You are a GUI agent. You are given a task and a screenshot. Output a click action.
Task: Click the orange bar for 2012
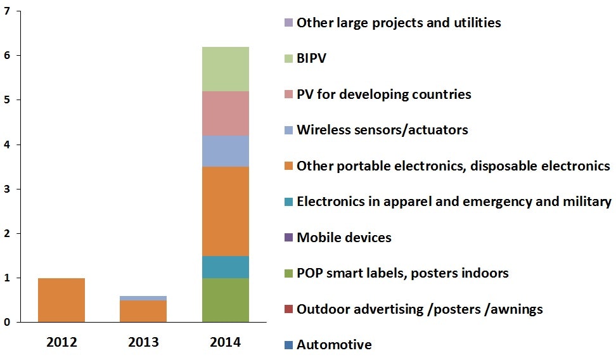pyautogui.click(x=61, y=300)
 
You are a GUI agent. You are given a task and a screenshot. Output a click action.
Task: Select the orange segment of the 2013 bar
pyautogui.click(x=143, y=311)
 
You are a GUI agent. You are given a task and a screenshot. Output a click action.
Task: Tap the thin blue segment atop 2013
pyautogui.click(x=143, y=298)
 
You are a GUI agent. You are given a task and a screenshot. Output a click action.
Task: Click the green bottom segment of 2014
pyautogui.click(x=225, y=300)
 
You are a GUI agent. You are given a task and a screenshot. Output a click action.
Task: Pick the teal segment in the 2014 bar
pyautogui.click(x=225, y=267)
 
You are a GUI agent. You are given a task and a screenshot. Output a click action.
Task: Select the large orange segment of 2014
pyautogui.click(x=225, y=211)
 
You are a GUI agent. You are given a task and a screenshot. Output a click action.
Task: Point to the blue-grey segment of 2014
pyautogui.click(x=225, y=151)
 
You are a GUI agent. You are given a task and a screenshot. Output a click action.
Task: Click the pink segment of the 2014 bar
pyautogui.click(x=225, y=113)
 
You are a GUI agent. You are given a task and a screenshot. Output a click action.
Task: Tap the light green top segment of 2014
pyautogui.click(x=225, y=69)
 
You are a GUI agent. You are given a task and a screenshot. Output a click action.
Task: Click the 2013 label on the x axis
pyautogui.click(x=143, y=342)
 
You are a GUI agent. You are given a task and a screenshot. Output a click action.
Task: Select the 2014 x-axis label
pyautogui.click(x=225, y=342)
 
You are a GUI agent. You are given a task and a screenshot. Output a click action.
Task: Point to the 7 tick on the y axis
pyautogui.click(x=7, y=11)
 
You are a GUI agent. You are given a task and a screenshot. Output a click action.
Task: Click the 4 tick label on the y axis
pyautogui.click(x=7, y=145)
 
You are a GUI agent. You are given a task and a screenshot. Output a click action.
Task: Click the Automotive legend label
pyautogui.click(x=334, y=345)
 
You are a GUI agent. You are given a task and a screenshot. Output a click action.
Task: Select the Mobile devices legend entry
pyautogui.click(x=343, y=238)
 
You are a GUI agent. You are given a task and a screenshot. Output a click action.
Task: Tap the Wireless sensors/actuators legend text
pyautogui.click(x=382, y=130)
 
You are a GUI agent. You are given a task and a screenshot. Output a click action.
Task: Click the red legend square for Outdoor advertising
pyautogui.click(x=289, y=309)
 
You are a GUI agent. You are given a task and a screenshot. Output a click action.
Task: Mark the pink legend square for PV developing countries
pyautogui.click(x=289, y=94)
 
